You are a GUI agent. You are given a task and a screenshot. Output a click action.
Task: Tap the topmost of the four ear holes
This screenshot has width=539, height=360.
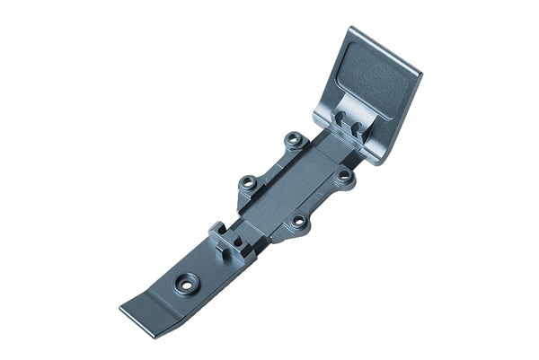[x=293, y=140]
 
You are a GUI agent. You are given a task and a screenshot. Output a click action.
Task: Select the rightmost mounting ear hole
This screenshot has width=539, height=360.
[x=344, y=177]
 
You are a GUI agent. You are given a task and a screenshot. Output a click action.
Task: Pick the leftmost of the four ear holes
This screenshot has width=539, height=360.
[x=247, y=183]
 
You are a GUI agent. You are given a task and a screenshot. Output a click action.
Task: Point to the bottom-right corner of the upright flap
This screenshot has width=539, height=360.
[x=381, y=160]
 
